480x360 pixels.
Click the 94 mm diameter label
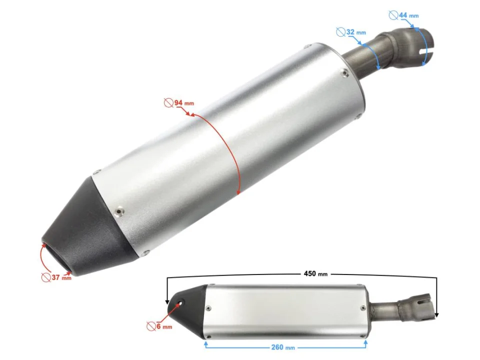(x=183, y=103)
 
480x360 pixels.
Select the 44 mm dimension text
(x=408, y=15)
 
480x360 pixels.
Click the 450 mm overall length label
(x=315, y=273)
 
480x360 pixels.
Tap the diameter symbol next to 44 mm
(x=393, y=15)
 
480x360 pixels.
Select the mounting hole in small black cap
(x=180, y=302)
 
